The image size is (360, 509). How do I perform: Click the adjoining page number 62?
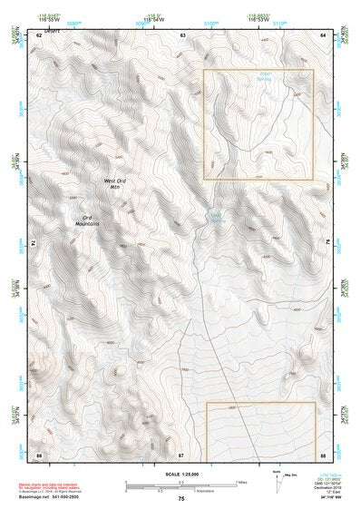38,34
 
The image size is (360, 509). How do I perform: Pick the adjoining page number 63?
181,34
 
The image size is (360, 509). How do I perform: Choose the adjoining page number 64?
324,34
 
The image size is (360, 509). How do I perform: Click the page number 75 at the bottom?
180,499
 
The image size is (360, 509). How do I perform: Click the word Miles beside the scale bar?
240,482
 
